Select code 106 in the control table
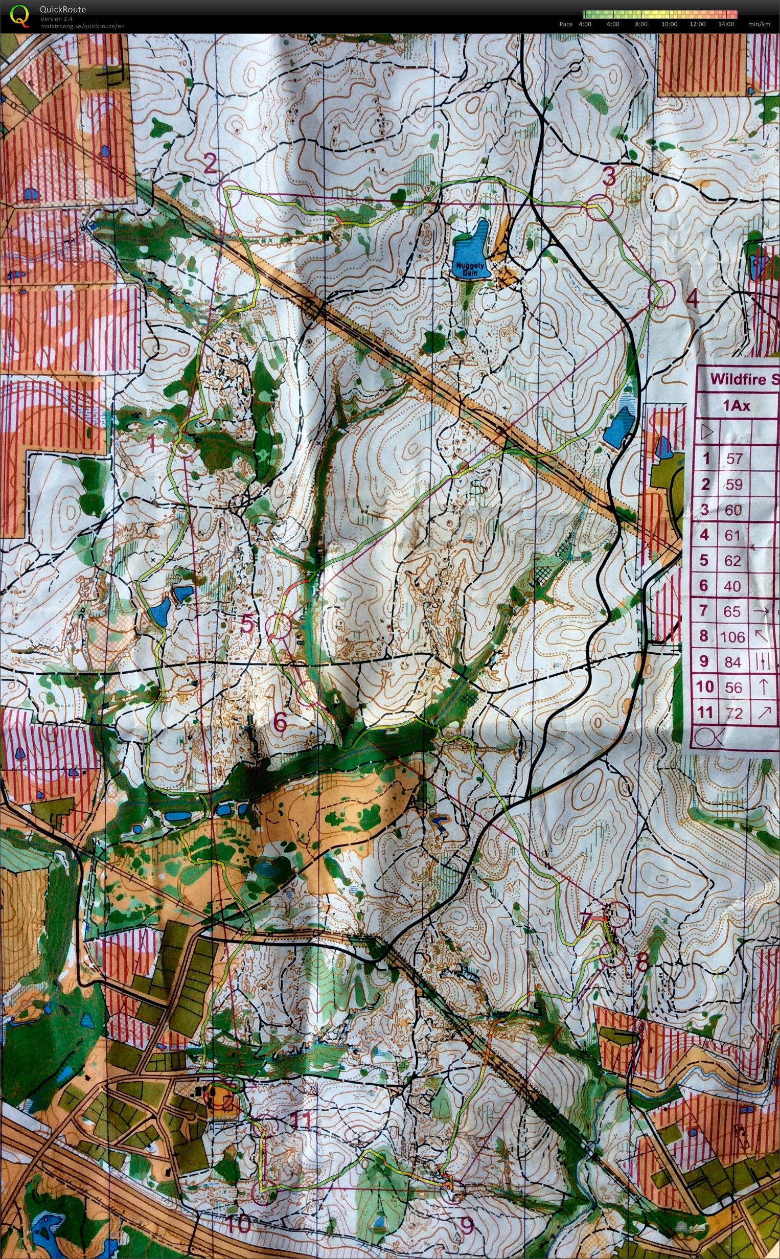tap(732, 637)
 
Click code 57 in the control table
tap(733, 458)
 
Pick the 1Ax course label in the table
tap(736, 406)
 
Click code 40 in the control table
tap(732, 586)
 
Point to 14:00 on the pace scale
tap(725, 24)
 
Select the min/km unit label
tap(759, 24)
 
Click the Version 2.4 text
tap(56, 19)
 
